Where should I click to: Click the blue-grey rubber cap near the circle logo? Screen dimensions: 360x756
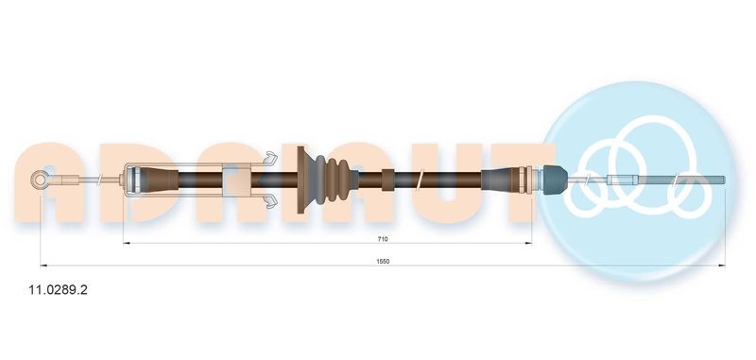552,177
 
